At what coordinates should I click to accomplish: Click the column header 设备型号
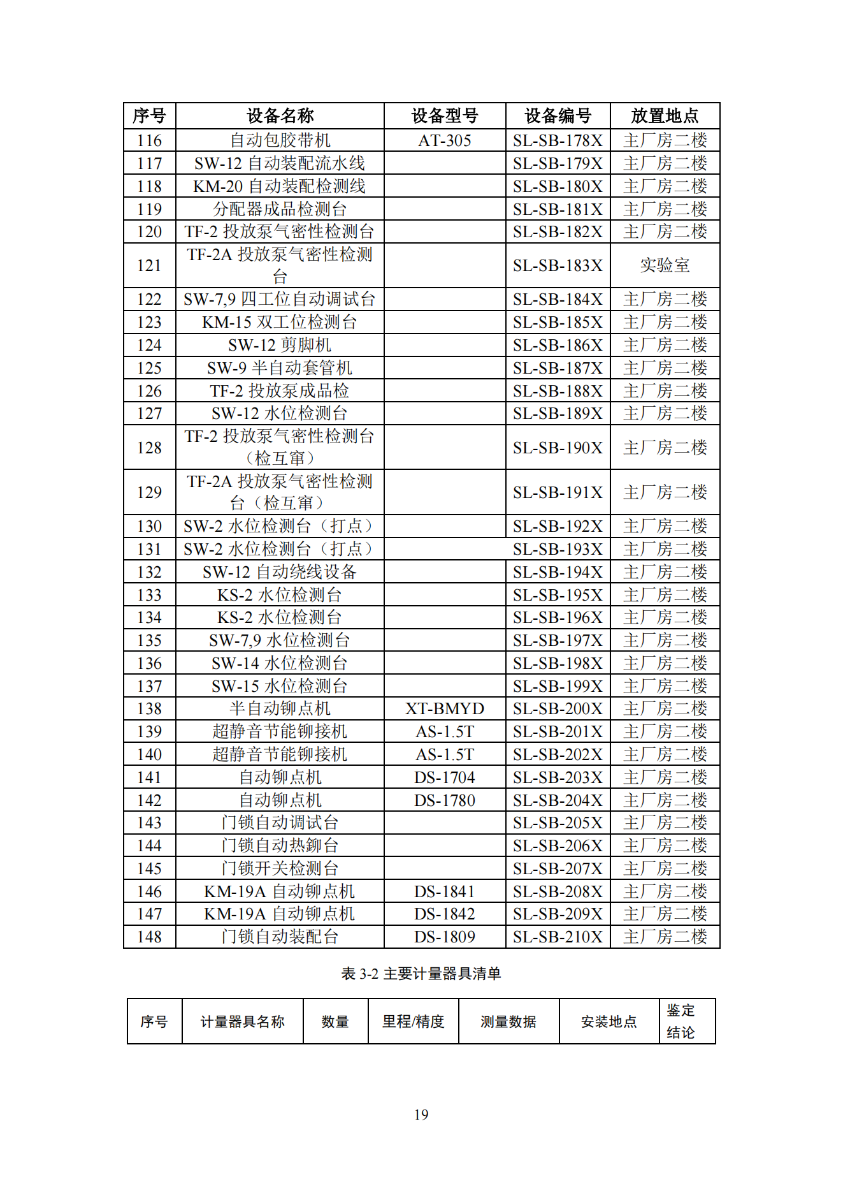tap(444, 115)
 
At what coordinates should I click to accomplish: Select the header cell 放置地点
tap(664, 115)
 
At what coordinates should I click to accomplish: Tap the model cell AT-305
tap(444, 140)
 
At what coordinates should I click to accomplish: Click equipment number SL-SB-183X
tap(558, 265)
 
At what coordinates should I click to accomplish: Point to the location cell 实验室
tap(664, 265)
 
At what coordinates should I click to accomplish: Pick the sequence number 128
tap(149, 448)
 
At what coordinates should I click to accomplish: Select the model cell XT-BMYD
tap(444, 708)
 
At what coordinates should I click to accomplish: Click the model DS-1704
tap(444, 777)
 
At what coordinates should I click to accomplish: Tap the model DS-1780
tap(444, 800)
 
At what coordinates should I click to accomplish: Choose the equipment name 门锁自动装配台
tap(280, 937)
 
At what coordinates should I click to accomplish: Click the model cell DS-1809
tap(444, 937)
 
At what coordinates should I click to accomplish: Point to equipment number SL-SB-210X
tap(558, 937)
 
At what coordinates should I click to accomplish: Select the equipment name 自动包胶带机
tap(280, 140)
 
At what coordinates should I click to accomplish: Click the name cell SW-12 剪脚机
tap(280, 345)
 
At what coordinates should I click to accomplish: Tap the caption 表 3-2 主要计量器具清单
tap(421, 974)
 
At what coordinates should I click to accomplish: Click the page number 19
tap(421, 1115)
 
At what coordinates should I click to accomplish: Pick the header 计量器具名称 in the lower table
tap(242, 1021)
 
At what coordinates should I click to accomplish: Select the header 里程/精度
tap(413, 1021)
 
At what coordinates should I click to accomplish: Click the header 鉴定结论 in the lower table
tap(681, 1021)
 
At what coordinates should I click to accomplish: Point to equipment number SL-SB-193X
tap(558, 549)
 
